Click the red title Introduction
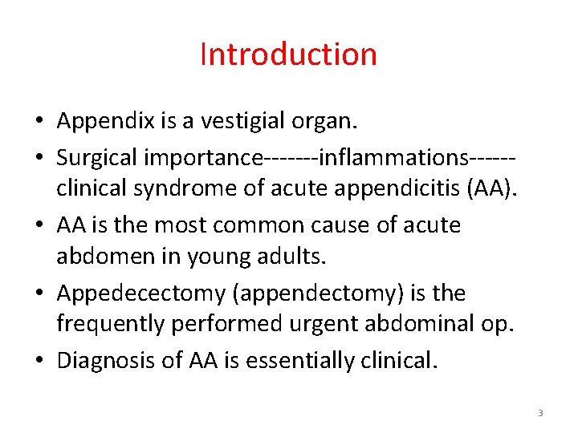[x=288, y=55]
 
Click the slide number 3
[x=540, y=413]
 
